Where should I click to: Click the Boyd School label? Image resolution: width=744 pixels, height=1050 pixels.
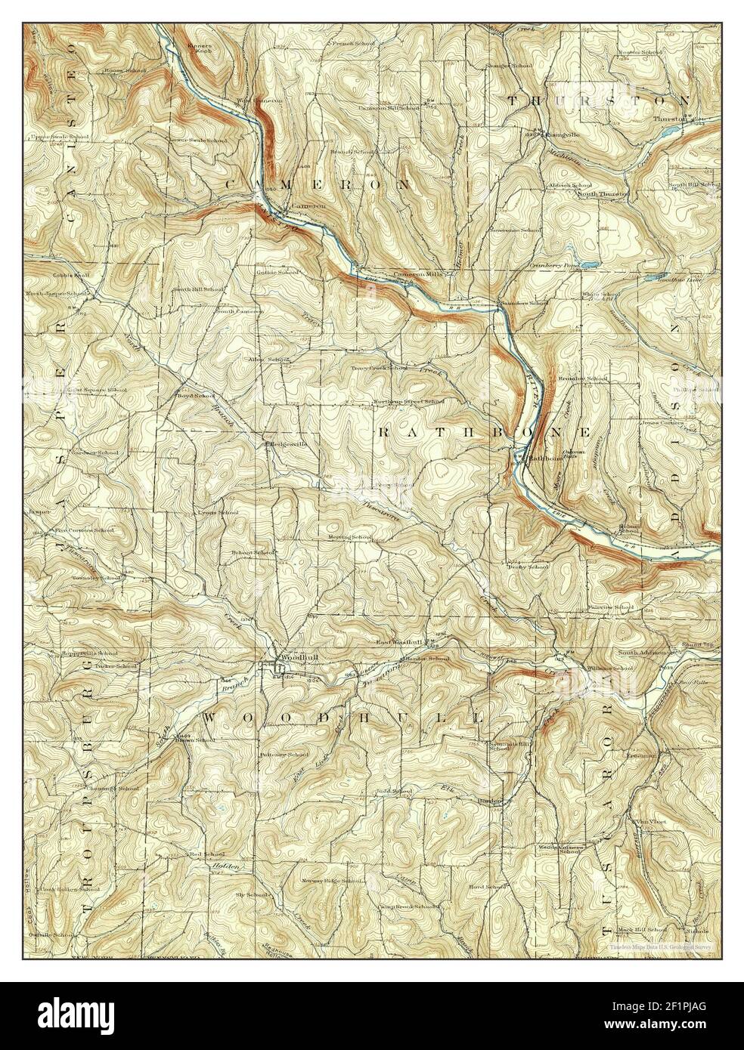(x=195, y=395)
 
